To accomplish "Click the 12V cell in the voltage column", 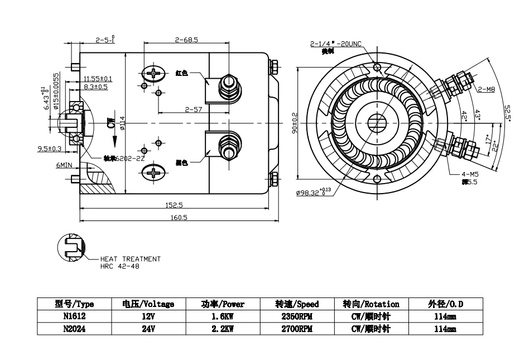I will pos(148,316).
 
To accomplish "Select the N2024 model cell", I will pos(74,329).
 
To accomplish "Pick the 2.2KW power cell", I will pos(223,329).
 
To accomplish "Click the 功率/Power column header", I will pos(223,304).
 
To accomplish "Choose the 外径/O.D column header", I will pos(445,304).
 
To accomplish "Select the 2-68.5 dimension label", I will pos(187,40).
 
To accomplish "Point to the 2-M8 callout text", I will pos(487,89).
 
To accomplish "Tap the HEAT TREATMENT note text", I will pos(130,259).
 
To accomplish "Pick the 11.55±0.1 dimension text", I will pos(98,79).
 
